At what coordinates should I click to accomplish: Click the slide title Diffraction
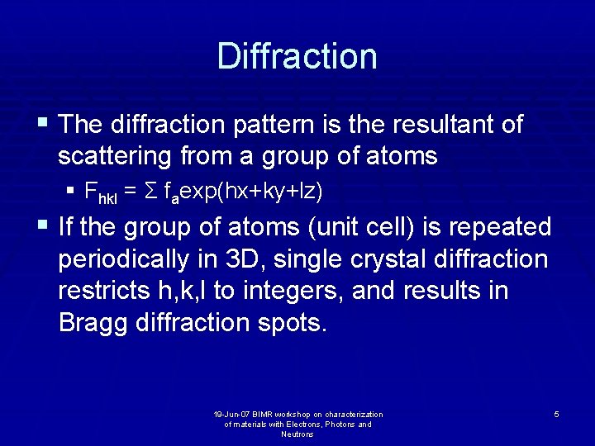click(297, 56)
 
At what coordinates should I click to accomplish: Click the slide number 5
click(556, 414)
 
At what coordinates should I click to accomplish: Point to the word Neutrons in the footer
click(297, 434)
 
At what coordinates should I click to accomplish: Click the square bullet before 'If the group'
click(43, 225)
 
